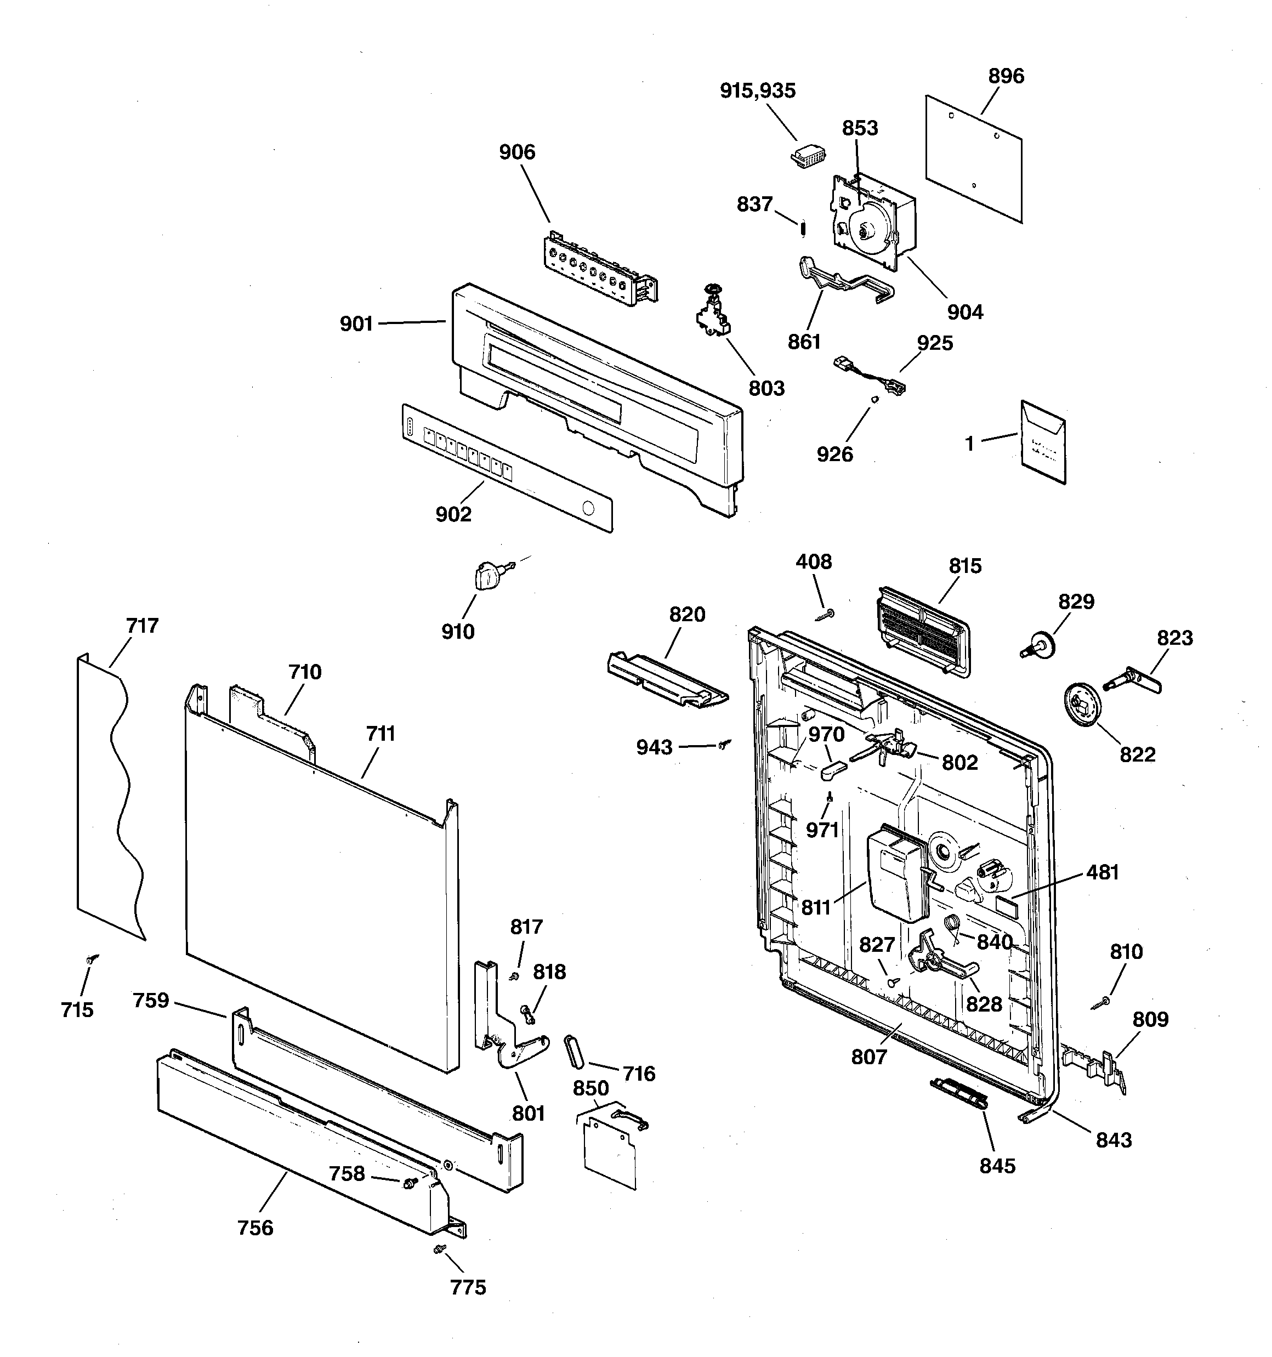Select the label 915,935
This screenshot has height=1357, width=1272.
click(757, 91)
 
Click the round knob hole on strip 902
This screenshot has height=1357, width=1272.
click(587, 508)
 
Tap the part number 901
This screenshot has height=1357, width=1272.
click(356, 323)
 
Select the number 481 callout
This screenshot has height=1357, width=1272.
click(1102, 872)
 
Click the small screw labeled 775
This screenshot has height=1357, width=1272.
click(439, 1248)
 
